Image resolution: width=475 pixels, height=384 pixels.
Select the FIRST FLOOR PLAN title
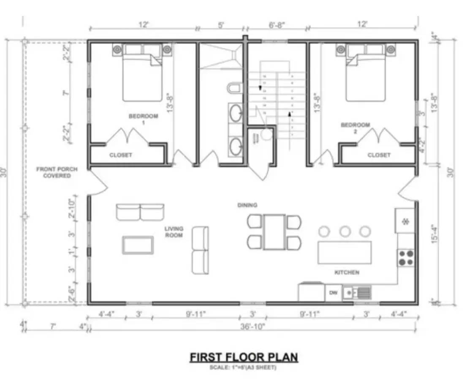pos(244,357)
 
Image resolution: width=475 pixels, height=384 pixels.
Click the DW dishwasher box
pos(333,292)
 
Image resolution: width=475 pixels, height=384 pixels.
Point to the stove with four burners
pos(406,258)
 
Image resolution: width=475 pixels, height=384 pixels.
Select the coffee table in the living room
pos(138,245)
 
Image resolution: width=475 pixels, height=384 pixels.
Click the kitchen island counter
pos(345,253)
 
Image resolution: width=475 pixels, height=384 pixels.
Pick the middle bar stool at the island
pos(345,231)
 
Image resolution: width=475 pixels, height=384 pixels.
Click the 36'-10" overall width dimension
pos(252,327)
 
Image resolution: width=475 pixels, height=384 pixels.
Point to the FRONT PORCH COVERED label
pos(57,172)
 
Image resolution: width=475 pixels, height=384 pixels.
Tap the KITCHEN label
pos(347,272)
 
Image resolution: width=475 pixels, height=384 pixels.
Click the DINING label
pos(247,205)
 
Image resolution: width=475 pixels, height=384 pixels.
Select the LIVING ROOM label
pos(174,231)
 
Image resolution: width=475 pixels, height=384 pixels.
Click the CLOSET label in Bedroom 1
pos(121,155)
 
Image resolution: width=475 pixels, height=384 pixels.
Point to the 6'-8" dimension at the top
pos(277,25)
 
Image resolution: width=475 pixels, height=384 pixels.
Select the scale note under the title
pos(243,368)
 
